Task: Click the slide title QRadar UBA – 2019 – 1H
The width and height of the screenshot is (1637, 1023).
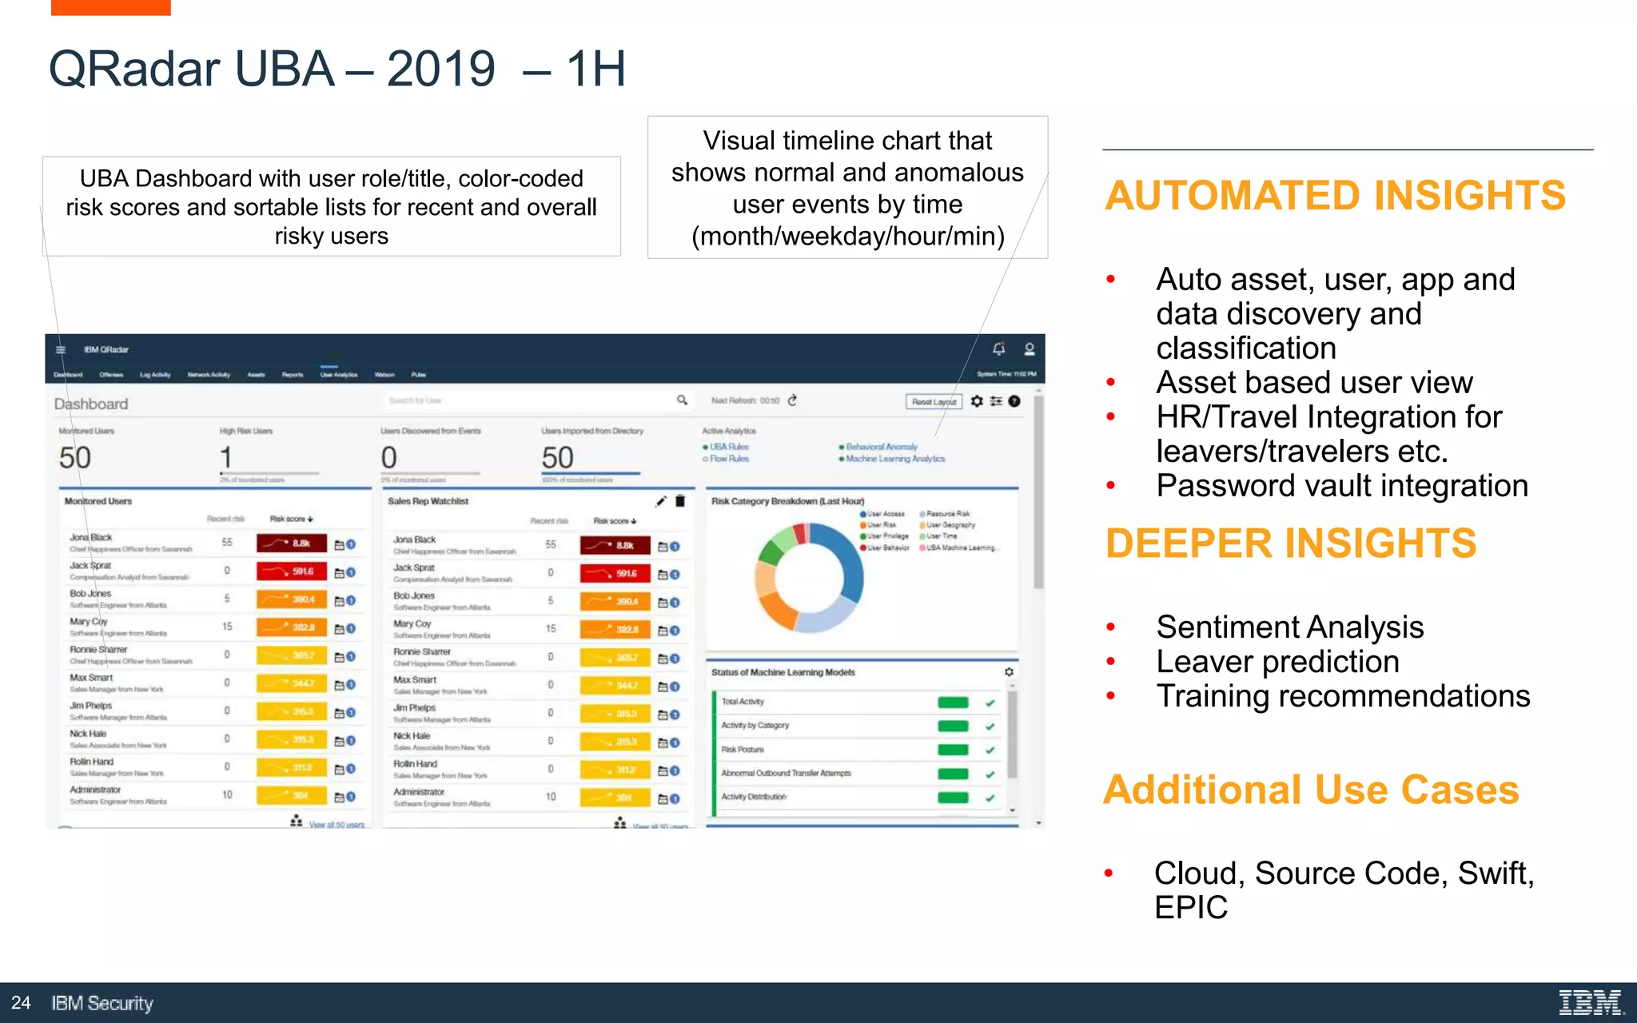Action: [x=337, y=69]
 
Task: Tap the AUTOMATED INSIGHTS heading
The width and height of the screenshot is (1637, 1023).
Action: [x=1334, y=196]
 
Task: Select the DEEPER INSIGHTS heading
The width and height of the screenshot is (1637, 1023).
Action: [x=1290, y=543]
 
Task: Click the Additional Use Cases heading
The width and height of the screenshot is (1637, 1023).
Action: [x=1311, y=790]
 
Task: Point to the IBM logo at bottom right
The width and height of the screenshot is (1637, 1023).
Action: [x=1590, y=1002]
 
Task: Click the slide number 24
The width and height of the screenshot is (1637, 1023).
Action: [x=21, y=1003]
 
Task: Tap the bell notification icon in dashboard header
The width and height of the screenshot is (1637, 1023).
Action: [x=998, y=349]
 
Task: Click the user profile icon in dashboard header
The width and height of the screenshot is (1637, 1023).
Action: [x=1030, y=349]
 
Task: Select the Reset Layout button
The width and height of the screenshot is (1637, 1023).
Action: [x=934, y=401]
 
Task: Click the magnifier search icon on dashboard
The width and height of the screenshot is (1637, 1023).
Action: [x=682, y=400]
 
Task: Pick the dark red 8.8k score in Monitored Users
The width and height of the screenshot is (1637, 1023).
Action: [x=292, y=543]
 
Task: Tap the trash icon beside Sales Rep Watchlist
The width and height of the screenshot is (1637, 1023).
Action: [x=680, y=501]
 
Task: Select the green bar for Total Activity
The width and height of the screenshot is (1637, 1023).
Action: [x=953, y=703]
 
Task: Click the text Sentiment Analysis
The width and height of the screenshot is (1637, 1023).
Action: [x=1289, y=627]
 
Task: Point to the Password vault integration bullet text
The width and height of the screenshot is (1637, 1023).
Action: [x=1341, y=486]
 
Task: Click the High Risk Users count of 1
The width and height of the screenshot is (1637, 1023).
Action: [x=226, y=458]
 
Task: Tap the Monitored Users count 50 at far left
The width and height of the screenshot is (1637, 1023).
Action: [x=75, y=458]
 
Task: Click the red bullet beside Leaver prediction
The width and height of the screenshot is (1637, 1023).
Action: [x=1110, y=662]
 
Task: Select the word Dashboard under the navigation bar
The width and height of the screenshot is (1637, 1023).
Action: [x=91, y=404]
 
